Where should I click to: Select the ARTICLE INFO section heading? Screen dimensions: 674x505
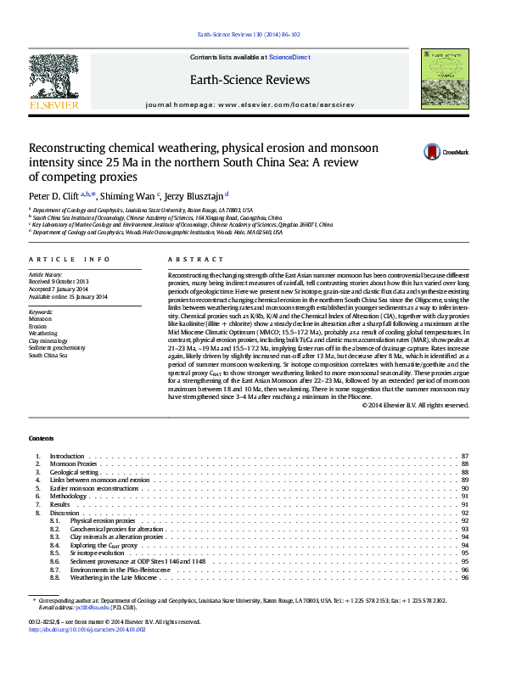(69, 259)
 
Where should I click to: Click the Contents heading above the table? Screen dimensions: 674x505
(41, 438)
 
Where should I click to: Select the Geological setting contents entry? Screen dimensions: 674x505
(75, 472)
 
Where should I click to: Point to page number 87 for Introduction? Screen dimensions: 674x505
(464, 457)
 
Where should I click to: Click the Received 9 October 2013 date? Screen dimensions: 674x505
(59, 282)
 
